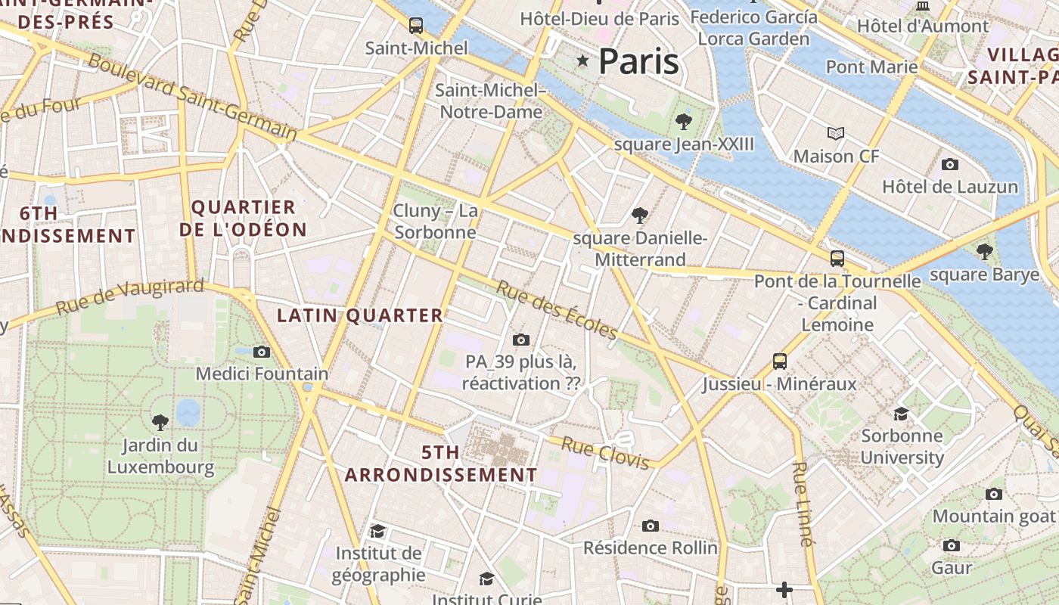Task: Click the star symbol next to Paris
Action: pos(582,60)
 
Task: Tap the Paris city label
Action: pos(638,61)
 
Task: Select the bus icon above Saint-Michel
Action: pos(416,26)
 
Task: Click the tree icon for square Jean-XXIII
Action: pos(684,121)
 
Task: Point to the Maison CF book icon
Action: pos(836,134)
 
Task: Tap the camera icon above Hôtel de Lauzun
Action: pos(950,164)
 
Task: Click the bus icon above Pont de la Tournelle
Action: pos(837,258)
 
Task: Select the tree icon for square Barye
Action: pos(984,252)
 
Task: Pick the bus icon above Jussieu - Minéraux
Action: pos(780,361)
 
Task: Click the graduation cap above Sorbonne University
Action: pos(901,413)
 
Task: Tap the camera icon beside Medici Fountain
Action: pos(262,352)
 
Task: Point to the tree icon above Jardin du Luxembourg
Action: pos(160,422)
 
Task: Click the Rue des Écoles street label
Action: pos(557,310)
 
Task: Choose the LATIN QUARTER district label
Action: pos(360,315)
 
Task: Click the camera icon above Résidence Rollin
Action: pos(651,526)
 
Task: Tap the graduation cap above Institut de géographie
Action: pos(377,532)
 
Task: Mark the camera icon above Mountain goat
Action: pos(994,494)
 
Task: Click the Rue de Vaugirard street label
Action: pos(130,296)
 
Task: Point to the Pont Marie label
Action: pos(871,67)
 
